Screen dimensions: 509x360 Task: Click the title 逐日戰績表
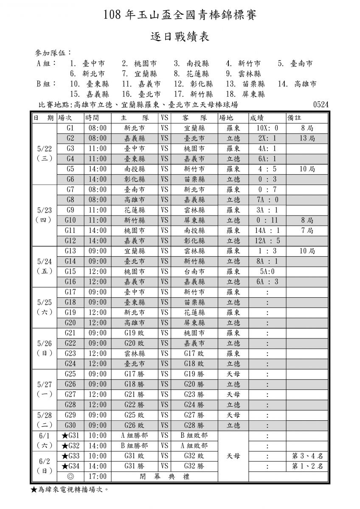click(180, 37)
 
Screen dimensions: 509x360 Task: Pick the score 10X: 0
click(267, 128)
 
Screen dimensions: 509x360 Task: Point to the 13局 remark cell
click(307, 138)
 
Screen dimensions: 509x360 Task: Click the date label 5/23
click(44, 210)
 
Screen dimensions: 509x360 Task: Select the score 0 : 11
click(267, 220)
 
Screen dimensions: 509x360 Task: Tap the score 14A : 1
click(267, 230)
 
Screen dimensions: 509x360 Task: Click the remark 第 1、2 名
click(307, 466)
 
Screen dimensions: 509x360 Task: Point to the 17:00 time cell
click(97, 476)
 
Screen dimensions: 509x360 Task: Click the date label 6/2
click(44, 461)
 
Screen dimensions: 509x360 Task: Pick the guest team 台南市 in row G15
click(195, 271)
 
